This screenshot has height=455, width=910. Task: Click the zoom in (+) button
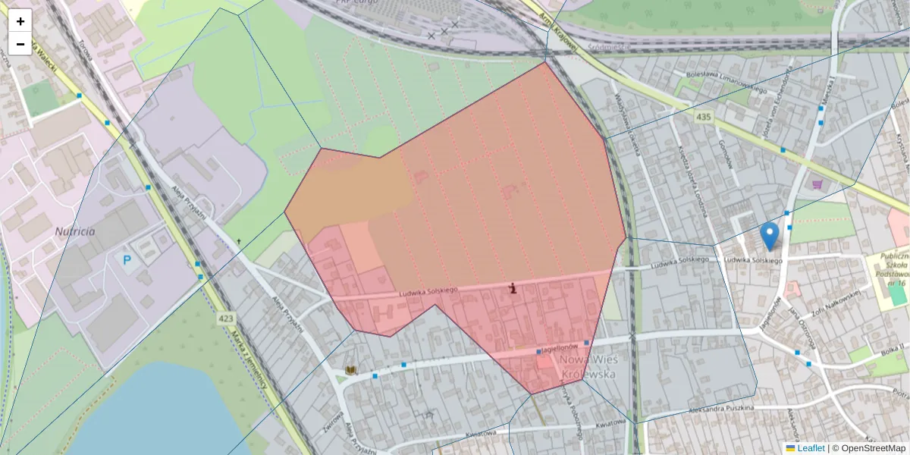pos(20,21)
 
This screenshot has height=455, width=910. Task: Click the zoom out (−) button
pos(20,44)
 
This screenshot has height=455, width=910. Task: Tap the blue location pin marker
pos(770,236)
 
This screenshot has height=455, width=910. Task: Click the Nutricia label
pos(75,231)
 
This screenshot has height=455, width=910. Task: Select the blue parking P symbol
pos(127,260)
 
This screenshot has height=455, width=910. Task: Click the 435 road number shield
pos(704,117)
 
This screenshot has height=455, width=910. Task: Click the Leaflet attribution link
pos(811,448)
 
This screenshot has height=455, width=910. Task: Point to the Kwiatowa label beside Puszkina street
pos(613,425)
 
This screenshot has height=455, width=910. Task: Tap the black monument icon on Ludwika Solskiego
pos(513,288)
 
